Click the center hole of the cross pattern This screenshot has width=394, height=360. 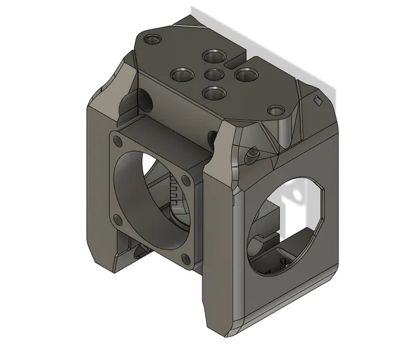(x=214, y=74)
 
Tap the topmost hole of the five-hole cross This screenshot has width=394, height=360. (x=213, y=56)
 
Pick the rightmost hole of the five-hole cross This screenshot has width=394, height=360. (x=245, y=75)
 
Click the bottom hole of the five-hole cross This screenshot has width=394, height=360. (x=214, y=92)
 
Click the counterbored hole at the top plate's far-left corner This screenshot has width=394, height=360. (x=153, y=40)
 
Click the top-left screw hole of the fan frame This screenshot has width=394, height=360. (x=119, y=141)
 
